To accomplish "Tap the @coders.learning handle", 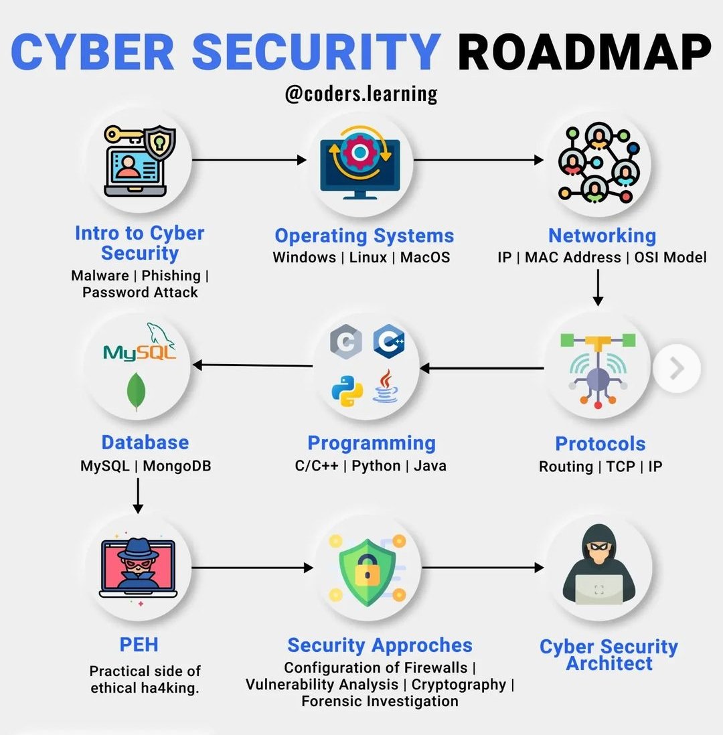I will pyautogui.click(x=361, y=93).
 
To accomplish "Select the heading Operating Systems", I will pyautogui.click(x=364, y=236).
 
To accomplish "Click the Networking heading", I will pyautogui.click(x=602, y=235).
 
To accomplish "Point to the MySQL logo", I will pyautogui.click(x=140, y=347).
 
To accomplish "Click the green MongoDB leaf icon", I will pyautogui.click(x=137, y=392).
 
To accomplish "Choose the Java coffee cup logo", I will pyautogui.click(x=386, y=387).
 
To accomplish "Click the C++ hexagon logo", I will pyautogui.click(x=388, y=341).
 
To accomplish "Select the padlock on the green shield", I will pyautogui.click(x=366, y=569).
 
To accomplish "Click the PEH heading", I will pyautogui.click(x=139, y=645).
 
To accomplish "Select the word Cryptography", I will pyautogui.click(x=459, y=684).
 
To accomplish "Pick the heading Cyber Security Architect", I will pyautogui.click(x=609, y=655).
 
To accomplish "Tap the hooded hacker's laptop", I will pyautogui.click(x=598, y=589).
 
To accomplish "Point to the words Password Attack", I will pyautogui.click(x=140, y=292).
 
